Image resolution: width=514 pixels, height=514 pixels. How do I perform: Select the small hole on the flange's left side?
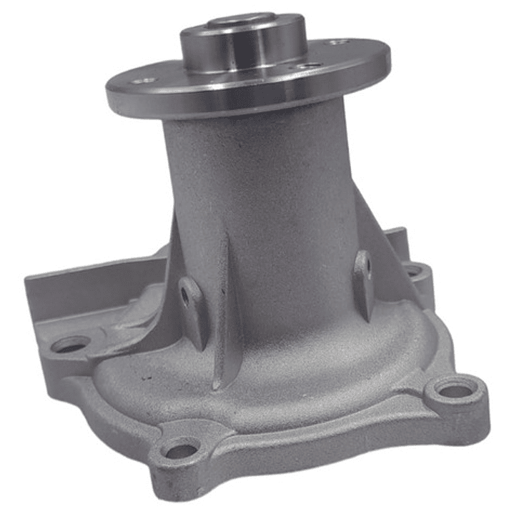point(142,81)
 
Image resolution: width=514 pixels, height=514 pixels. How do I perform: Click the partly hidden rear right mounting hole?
point(413,270)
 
